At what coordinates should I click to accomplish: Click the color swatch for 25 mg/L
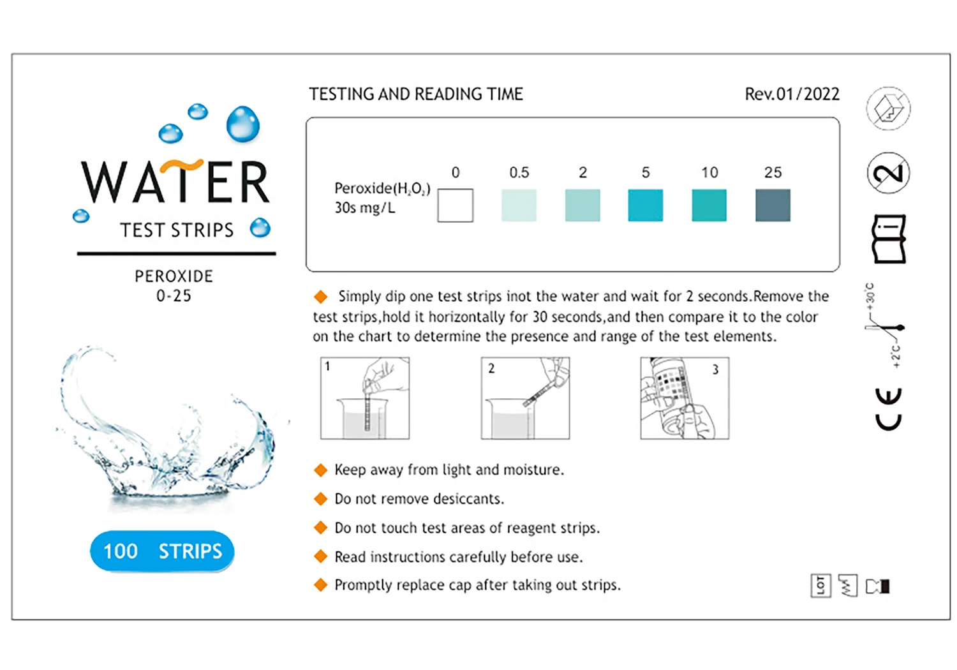tap(773, 205)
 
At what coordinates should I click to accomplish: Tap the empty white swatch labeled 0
tap(455, 205)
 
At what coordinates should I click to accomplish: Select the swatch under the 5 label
tap(645, 205)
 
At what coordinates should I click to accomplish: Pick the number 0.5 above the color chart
tap(519, 172)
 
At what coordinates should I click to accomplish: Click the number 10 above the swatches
tap(709, 172)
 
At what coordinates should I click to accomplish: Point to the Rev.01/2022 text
tap(792, 94)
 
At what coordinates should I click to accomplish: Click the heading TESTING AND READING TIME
tap(416, 94)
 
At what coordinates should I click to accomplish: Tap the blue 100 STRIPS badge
tap(162, 551)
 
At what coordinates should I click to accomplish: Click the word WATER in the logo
tap(175, 182)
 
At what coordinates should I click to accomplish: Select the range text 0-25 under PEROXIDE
tap(174, 296)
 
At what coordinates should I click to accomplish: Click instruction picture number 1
tap(365, 398)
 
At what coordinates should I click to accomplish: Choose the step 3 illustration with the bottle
tap(685, 398)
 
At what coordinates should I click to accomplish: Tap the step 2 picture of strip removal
tap(525, 398)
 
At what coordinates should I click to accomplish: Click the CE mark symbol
tap(888, 408)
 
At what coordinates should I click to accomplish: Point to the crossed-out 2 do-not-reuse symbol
tap(888, 173)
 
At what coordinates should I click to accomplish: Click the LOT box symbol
tap(820, 585)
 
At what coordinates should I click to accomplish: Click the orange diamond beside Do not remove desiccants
tap(320, 499)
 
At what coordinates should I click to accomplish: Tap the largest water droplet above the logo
tap(243, 123)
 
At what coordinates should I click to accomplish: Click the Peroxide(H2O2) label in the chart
tap(382, 189)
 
